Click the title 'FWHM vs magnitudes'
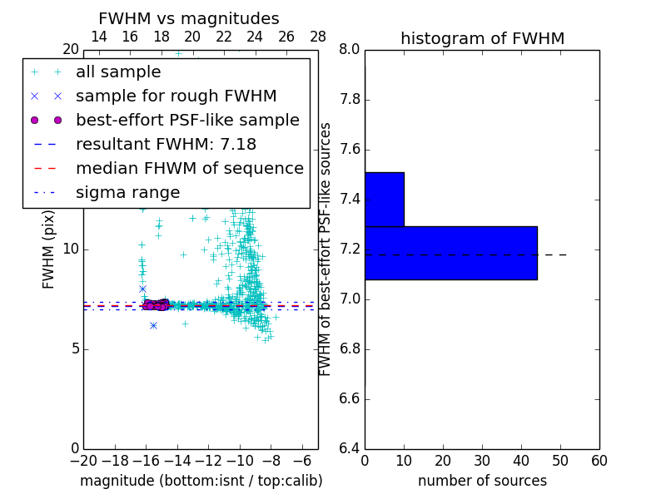click(x=189, y=18)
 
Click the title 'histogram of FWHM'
click(x=482, y=38)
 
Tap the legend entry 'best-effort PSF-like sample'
click(x=187, y=121)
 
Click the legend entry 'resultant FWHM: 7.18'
click(x=166, y=145)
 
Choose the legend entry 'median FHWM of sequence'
click(x=189, y=169)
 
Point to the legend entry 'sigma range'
click(x=127, y=193)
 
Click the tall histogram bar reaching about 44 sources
click(x=450, y=253)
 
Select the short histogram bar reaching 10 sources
click(x=384, y=199)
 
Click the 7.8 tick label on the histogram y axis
click(x=350, y=100)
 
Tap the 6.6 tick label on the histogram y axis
click(x=350, y=398)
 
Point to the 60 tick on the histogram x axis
click(x=599, y=461)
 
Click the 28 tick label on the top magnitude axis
click(x=318, y=37)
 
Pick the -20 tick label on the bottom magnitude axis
click(x=83, y=461)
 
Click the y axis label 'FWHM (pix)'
click(x=49, y=249)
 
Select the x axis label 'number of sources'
click(x=482, y=481)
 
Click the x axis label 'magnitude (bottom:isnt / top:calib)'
click(x=201, y=481)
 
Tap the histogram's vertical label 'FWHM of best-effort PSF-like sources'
click(x=326, y=249)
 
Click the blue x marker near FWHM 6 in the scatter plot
click(x=153, y=325)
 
